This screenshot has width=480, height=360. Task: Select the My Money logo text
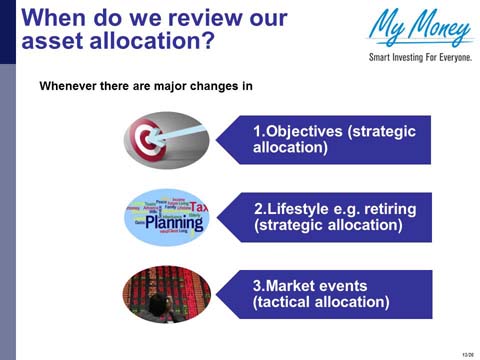click(x=420, y=27)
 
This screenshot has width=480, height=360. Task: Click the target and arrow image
click(x=166, y=140)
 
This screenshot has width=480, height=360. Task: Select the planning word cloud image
click(x=166, y=217)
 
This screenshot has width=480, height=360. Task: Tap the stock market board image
click(x=166, y=293)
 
